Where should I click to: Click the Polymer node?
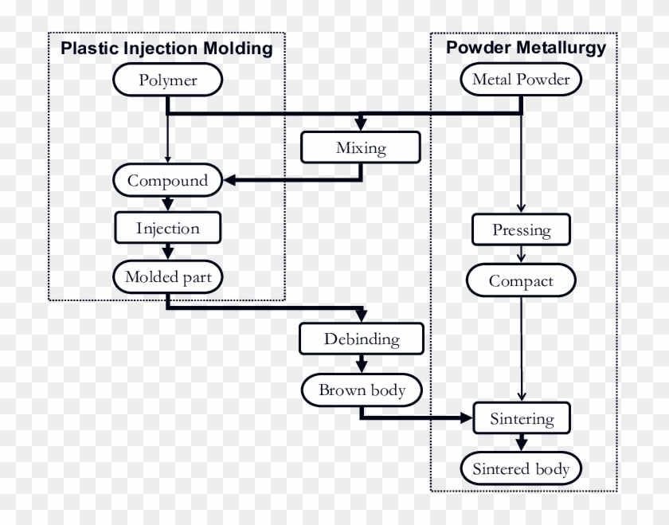(x=167, y=80)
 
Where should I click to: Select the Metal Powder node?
(x=521, y=80)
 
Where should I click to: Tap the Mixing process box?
(x=361, y=147)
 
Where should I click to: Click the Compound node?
(x=167, y=180)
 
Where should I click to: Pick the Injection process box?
(x=167, y=229)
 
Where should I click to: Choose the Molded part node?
(x=167, y=277)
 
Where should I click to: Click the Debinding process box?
(x=361, y=339)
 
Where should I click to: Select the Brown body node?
(x=361, y=390)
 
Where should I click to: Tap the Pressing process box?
(x=521, y=230)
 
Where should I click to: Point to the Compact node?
(x=521, y=280)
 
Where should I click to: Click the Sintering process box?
(x=521, y=418)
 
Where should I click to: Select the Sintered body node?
(x=521, y=468)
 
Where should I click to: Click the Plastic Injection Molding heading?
(x=167, y=49)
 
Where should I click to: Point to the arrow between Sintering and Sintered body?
(x=521, y=443)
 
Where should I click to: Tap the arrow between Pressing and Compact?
(x=521, y=255)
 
